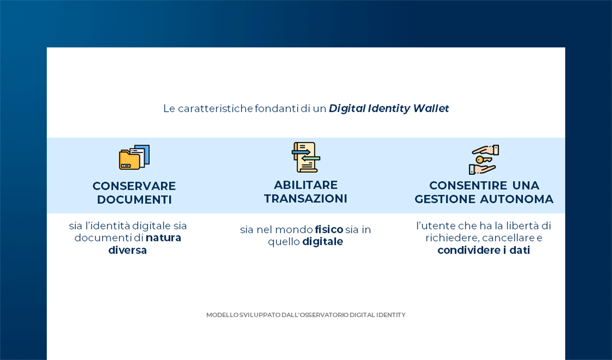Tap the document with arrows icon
(306, 157)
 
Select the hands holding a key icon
(484, 159)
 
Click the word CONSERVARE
(134, 186)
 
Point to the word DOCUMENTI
(134, 200)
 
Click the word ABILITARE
(306, 185)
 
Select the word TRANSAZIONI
(306, 199)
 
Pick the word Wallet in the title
(431, 108)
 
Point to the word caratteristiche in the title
(215, 108)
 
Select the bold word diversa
(127, 250)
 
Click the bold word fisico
(329, 229)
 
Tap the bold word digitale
(322, 241)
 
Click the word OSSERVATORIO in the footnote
(324, 315)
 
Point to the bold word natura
(163, 238)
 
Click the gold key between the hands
(483, 160)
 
